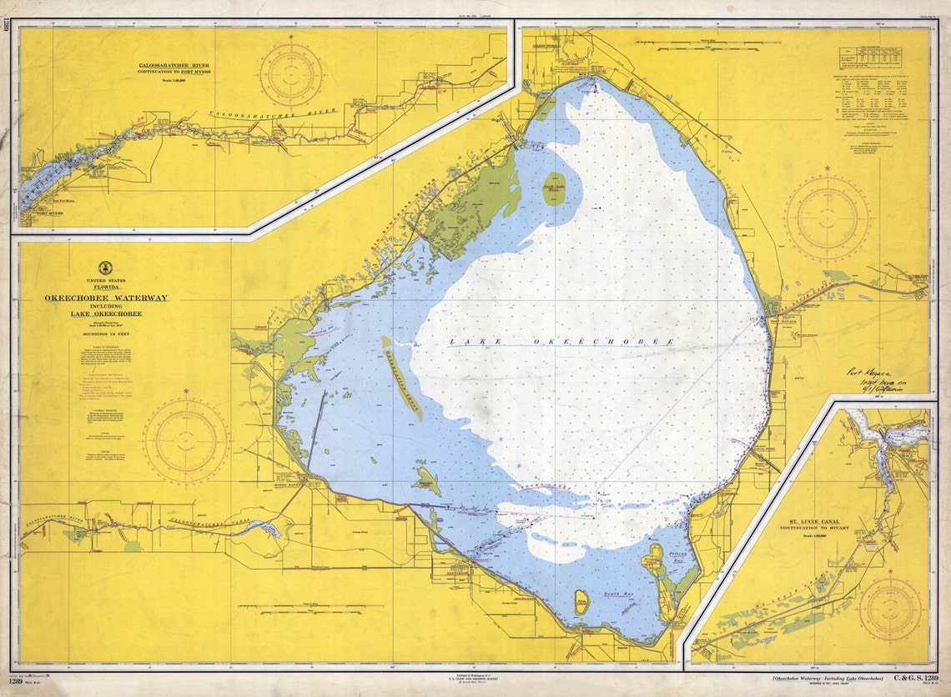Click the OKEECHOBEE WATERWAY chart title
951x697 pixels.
106,298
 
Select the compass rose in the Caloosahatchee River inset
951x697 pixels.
291,74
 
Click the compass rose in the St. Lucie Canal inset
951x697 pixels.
890,609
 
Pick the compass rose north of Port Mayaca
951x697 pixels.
827,218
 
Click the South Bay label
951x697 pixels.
618,594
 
